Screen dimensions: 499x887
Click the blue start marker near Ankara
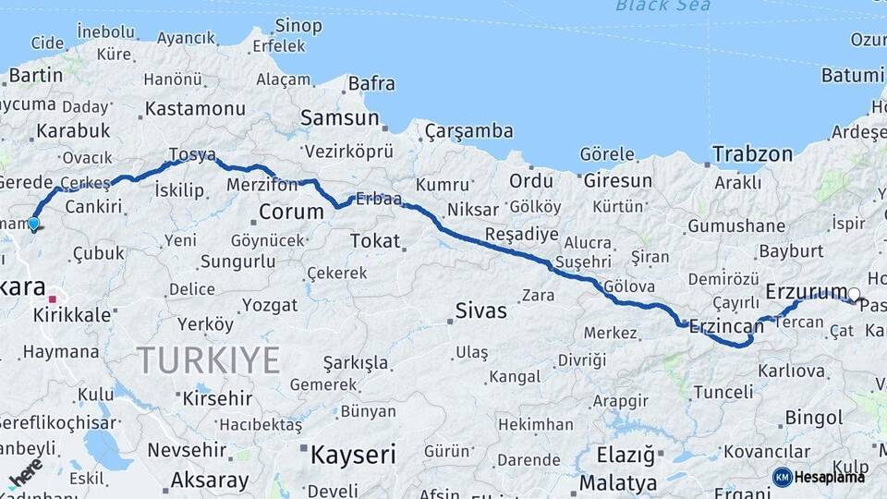(x=34, y=224)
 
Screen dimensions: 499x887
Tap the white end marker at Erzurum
(x=854, y=295)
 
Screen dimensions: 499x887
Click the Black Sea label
(x=663, y=6)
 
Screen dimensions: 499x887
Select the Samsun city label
(x=340, y=118)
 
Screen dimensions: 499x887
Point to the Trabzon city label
(x=752, y=154)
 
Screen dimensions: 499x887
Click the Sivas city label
(x=480, y=310)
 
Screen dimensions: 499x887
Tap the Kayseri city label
(x=352, y=455)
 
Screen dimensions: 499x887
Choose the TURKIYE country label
(x=208, y=359)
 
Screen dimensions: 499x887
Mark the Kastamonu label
(x=195, y=109)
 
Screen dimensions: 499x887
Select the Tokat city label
(x=375, y=241)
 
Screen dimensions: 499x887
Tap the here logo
(x=23, y=474)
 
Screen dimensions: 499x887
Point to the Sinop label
(x=298, y=25)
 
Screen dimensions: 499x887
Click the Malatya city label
(x=617, y=482)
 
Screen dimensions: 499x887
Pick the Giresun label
(x=617, y=180)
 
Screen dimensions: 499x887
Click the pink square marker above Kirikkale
(x=53, y=298)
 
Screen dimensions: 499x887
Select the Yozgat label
(x=270, y=305)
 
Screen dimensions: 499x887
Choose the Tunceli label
(x=723, y=392)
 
